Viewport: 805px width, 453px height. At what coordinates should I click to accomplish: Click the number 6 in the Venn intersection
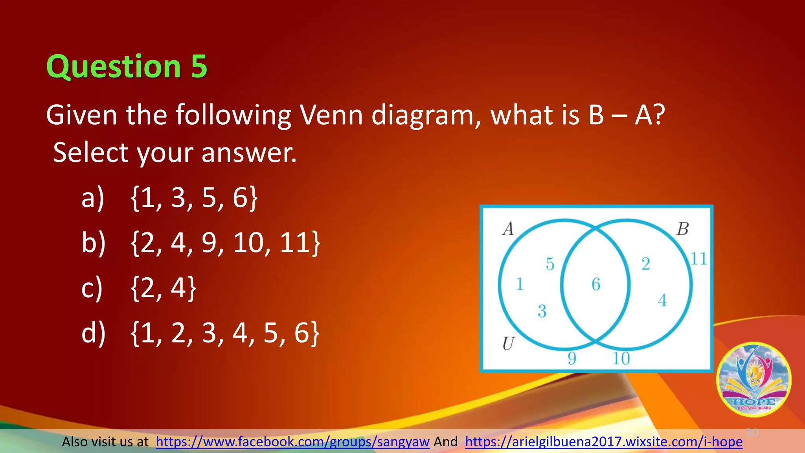point(596,284)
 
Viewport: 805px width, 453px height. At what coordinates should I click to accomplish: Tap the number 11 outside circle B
point(698,259)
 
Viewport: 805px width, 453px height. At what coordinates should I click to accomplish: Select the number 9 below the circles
point(572,358)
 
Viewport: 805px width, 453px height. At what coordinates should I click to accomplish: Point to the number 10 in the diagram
point(621,358)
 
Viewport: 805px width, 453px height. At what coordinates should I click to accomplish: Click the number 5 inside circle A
point(550,264)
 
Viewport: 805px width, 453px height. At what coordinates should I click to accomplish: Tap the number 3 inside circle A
point(542,311)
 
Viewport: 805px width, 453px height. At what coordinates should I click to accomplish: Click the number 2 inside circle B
point(646,264)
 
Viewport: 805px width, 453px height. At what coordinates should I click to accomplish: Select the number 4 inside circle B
point(662,301)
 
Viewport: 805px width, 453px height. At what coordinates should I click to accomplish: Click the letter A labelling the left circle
point(508,228)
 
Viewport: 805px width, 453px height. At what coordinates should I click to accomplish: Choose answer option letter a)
point(93,197)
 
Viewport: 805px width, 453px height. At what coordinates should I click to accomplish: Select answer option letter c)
point(92,288)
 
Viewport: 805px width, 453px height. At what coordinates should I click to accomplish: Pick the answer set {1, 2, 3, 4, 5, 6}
point(225,333)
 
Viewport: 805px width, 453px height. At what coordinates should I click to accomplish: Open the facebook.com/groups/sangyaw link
point(292,442)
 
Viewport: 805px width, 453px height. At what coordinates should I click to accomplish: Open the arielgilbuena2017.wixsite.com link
point(604,442)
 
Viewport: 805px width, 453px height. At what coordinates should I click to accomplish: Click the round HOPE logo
point(754,379)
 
